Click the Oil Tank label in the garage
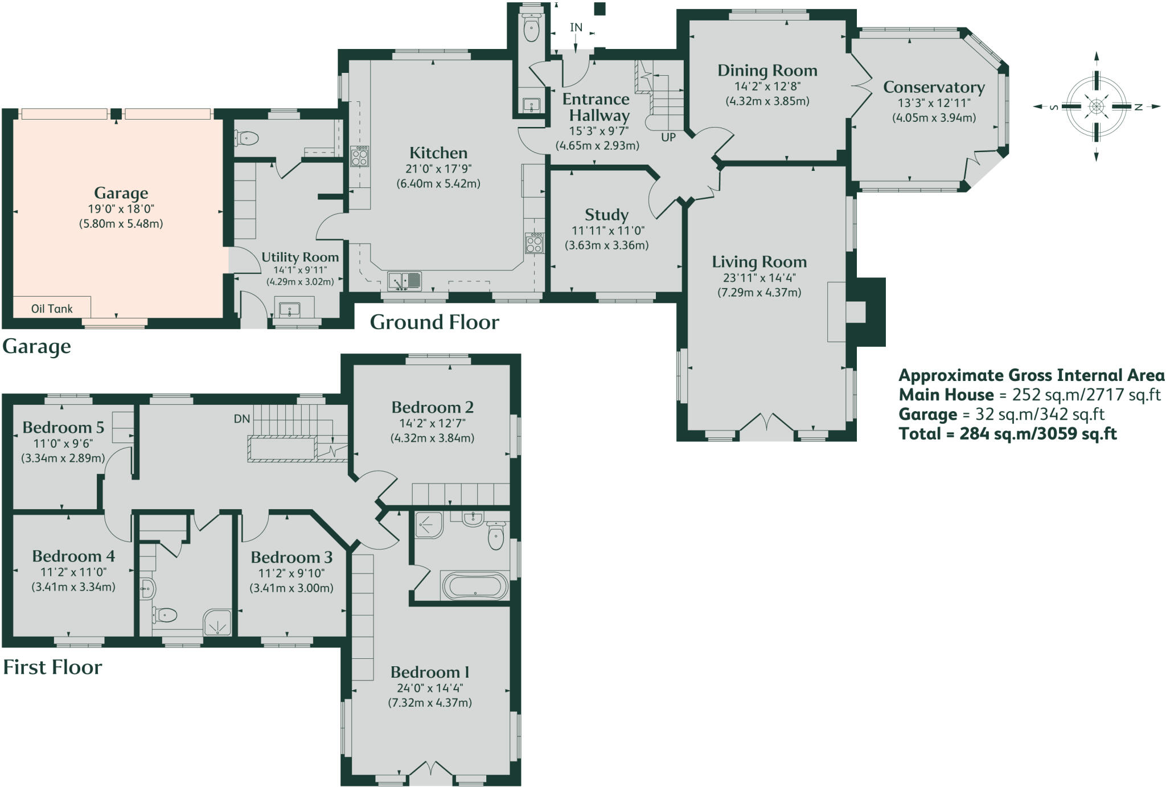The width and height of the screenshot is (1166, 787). [x=52, y=309]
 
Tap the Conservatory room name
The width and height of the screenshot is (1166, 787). [x=934, y=87]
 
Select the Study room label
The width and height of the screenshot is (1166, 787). [x=606, y=215]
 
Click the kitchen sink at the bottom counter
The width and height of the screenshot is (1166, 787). [x=404, y=281]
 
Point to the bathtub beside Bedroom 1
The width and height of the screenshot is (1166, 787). [x=475, y=585]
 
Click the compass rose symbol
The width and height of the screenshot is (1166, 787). [x=1096, y=106]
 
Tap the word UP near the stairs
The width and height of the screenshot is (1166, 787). [x=668, y=137]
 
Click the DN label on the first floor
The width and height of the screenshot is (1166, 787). [x=242, y=419]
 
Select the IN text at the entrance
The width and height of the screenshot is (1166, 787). [x=576, y=27]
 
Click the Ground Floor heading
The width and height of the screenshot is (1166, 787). [x=434, y=322]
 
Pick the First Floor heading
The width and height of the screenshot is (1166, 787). [x=52, y=667]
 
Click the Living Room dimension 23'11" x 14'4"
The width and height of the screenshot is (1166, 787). [x=759, y=278]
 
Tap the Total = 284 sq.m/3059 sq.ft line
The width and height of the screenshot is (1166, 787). [x=1007, y=434]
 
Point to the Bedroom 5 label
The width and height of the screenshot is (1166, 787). [x=63, y=427]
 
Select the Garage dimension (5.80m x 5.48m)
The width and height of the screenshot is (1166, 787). [x=121, y=224]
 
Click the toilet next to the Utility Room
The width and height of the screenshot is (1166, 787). [x=247, y=138]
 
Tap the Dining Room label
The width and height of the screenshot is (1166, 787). [x=767, y=71]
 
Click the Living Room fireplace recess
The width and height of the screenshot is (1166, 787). [x=855, y=312]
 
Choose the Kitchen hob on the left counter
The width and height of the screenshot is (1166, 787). [x=359, y=156]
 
